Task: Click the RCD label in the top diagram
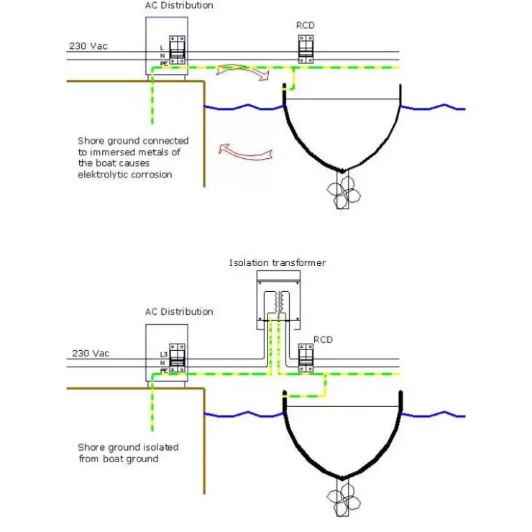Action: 306,25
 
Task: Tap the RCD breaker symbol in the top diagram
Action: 306,49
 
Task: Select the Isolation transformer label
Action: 278,263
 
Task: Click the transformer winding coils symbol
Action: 278,303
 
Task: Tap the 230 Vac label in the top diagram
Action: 88,46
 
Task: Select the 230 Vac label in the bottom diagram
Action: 91,354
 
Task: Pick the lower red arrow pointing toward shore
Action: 245,152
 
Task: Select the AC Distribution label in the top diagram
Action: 179,6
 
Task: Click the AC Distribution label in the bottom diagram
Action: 179,312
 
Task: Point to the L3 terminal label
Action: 164,354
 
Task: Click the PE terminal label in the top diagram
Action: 164,64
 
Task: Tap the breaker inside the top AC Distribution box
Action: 178,50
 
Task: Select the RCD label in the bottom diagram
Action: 323,339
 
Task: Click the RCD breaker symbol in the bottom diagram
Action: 306,358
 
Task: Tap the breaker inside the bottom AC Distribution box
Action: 178,358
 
